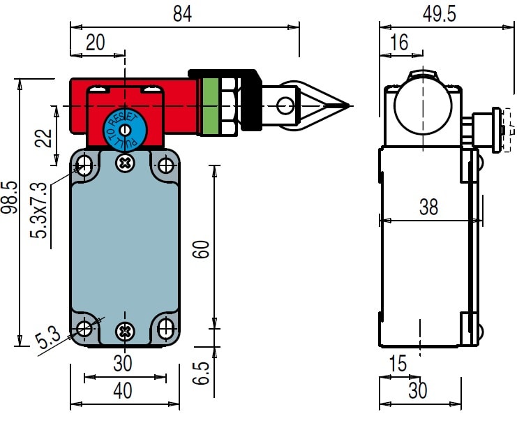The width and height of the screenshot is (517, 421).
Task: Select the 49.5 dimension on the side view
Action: click(x=439, y=15)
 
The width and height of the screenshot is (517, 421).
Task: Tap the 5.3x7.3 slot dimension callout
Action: click(x=40, y=209)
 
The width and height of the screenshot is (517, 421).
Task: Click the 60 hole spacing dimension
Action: click(x=201, y=249)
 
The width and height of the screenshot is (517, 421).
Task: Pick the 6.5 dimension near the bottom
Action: click(x=201, y=372)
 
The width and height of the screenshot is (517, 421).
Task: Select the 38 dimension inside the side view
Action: click(x=428, y=207)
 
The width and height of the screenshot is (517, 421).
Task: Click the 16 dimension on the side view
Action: click(x=399, y=43)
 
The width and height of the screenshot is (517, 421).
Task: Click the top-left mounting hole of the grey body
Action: click(x=85, y=165)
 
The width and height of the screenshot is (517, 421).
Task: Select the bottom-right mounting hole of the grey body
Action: click(x=166, y=329)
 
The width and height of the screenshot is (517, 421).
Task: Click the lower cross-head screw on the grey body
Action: click(x=125, y=330)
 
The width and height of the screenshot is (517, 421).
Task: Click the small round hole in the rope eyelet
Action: click(x=285, y=106)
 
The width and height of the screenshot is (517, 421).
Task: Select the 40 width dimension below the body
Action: click(x=122, y=392)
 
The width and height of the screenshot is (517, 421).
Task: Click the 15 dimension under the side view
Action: click(x=397, y=364)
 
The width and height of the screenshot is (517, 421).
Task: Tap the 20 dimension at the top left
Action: click(x=95, y=43)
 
